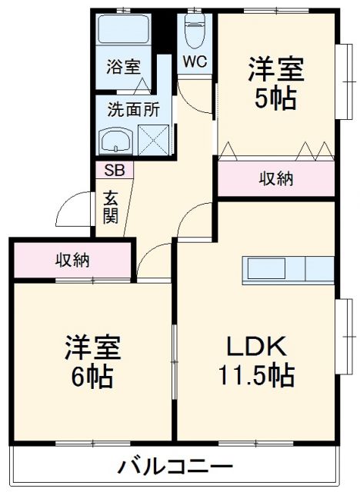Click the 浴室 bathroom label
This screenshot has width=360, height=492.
123,66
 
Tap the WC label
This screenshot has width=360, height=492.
192,62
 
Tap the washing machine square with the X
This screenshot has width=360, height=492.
152,141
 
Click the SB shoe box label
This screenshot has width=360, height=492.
114,170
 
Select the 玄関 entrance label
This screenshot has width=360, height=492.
111,206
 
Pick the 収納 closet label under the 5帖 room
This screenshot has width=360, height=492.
275,179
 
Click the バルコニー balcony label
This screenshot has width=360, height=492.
175,467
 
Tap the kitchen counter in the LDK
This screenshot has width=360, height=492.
288,268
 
